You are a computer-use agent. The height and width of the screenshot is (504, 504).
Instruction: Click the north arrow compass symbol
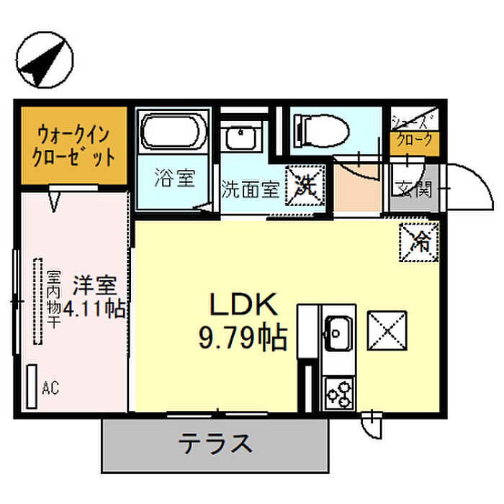(45, 60)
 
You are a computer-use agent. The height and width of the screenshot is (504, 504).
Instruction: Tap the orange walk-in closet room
(74, 145)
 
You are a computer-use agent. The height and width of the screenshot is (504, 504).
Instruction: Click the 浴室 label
(174, 178)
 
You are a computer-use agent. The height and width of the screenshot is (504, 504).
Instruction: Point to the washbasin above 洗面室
(240, 138)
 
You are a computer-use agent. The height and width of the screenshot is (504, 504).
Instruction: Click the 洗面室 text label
(251, 190)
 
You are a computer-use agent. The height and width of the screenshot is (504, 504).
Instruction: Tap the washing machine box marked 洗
(305, 186)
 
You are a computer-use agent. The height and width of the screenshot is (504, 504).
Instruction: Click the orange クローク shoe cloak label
(414, 141)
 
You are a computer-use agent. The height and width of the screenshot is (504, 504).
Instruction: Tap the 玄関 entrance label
(413, 189)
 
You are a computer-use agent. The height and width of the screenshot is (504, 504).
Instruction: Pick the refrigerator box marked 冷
(419, 243)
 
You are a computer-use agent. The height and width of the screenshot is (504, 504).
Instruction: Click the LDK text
(243, 304)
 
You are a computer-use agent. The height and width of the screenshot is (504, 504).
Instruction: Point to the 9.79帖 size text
(243, 338)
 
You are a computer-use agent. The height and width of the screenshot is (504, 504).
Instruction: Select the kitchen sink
(338, 333)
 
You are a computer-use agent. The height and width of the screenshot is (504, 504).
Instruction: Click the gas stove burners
(339, 394)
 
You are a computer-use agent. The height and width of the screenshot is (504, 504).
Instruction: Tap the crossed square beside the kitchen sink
(387, 330)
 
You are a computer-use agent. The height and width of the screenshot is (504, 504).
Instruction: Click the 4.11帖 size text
(94, 309)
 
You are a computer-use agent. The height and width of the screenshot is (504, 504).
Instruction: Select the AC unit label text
(50, 388)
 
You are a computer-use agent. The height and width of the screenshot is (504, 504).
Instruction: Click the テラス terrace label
(215, 444)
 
